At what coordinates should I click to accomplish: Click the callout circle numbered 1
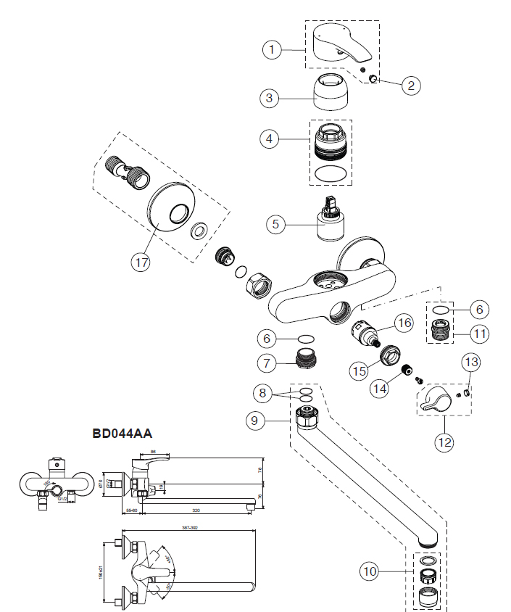[x=271, y=49]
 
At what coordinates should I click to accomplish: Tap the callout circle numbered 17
[x=141, y=262]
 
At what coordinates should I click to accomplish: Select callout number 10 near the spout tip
[x=370, y=572]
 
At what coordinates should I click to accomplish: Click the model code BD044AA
[x=122, y=434]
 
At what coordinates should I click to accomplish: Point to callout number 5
[x=275, y=224]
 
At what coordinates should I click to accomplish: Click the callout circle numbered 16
[x=403, y=322]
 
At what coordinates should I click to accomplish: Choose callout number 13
[x=471, y=361]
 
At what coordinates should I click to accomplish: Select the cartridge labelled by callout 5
[x=332, y=220]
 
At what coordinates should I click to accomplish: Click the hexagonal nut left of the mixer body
[x=259, y=283]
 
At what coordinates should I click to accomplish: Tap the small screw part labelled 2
[x=374, y=80]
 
